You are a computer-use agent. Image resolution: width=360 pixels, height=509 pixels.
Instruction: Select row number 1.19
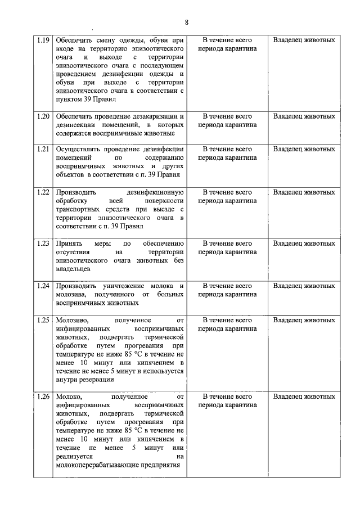pyautogui.click(x=43, y=40)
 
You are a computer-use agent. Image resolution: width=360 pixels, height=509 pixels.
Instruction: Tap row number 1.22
pyautogui.click(x=43, y=192)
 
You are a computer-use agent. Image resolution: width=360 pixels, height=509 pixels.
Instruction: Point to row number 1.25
pyautogui.click(x=43, y=319)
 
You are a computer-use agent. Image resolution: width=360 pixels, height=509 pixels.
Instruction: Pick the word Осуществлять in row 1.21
pyautogui.click(x=77, y=150)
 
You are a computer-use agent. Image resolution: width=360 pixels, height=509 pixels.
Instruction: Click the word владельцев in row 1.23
pyautogui.click(x=73, y=269)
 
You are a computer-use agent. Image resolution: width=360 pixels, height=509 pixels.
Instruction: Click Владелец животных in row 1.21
pyautogui.click(x=304, y=150)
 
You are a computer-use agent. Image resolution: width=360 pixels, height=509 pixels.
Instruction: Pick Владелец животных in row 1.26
pyautogui.click(x=304, y=397)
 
